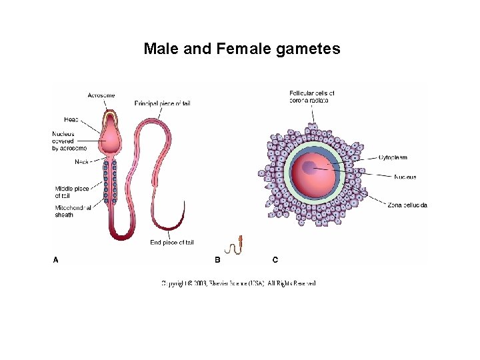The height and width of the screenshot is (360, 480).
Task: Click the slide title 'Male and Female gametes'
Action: (x=242, y=49)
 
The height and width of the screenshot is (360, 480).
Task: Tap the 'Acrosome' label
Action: (x=101, y=95)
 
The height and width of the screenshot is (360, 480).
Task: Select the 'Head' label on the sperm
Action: (x=71, y=119)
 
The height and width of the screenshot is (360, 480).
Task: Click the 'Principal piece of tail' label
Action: (x=163, y=103)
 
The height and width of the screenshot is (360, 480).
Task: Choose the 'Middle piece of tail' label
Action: (x=71, y=192)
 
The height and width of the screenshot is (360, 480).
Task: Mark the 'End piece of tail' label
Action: (x=172, y=242)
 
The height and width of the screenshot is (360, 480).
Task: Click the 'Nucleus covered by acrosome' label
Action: (x=69, y=141)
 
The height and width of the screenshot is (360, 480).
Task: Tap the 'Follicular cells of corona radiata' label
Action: (x=312, y=96)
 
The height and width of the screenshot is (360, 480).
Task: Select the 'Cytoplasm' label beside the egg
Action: (x=393, y=157)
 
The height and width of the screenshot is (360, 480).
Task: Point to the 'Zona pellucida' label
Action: (x=407, y=205)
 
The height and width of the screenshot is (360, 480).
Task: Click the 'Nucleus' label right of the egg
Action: (x=405, y=177)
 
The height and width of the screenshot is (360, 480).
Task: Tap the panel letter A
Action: (x=56, y=259)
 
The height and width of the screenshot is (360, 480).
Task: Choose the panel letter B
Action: (x=217, y=259)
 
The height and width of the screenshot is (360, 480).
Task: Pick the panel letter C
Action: (x=275, y=259)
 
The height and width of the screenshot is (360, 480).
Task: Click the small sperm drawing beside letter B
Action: (x=235, y=246)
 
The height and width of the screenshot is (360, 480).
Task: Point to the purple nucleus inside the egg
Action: (x=310, y=167)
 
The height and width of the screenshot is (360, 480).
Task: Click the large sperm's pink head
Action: (x=110, y=137)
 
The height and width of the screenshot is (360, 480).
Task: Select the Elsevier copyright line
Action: (x=239, y=283)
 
